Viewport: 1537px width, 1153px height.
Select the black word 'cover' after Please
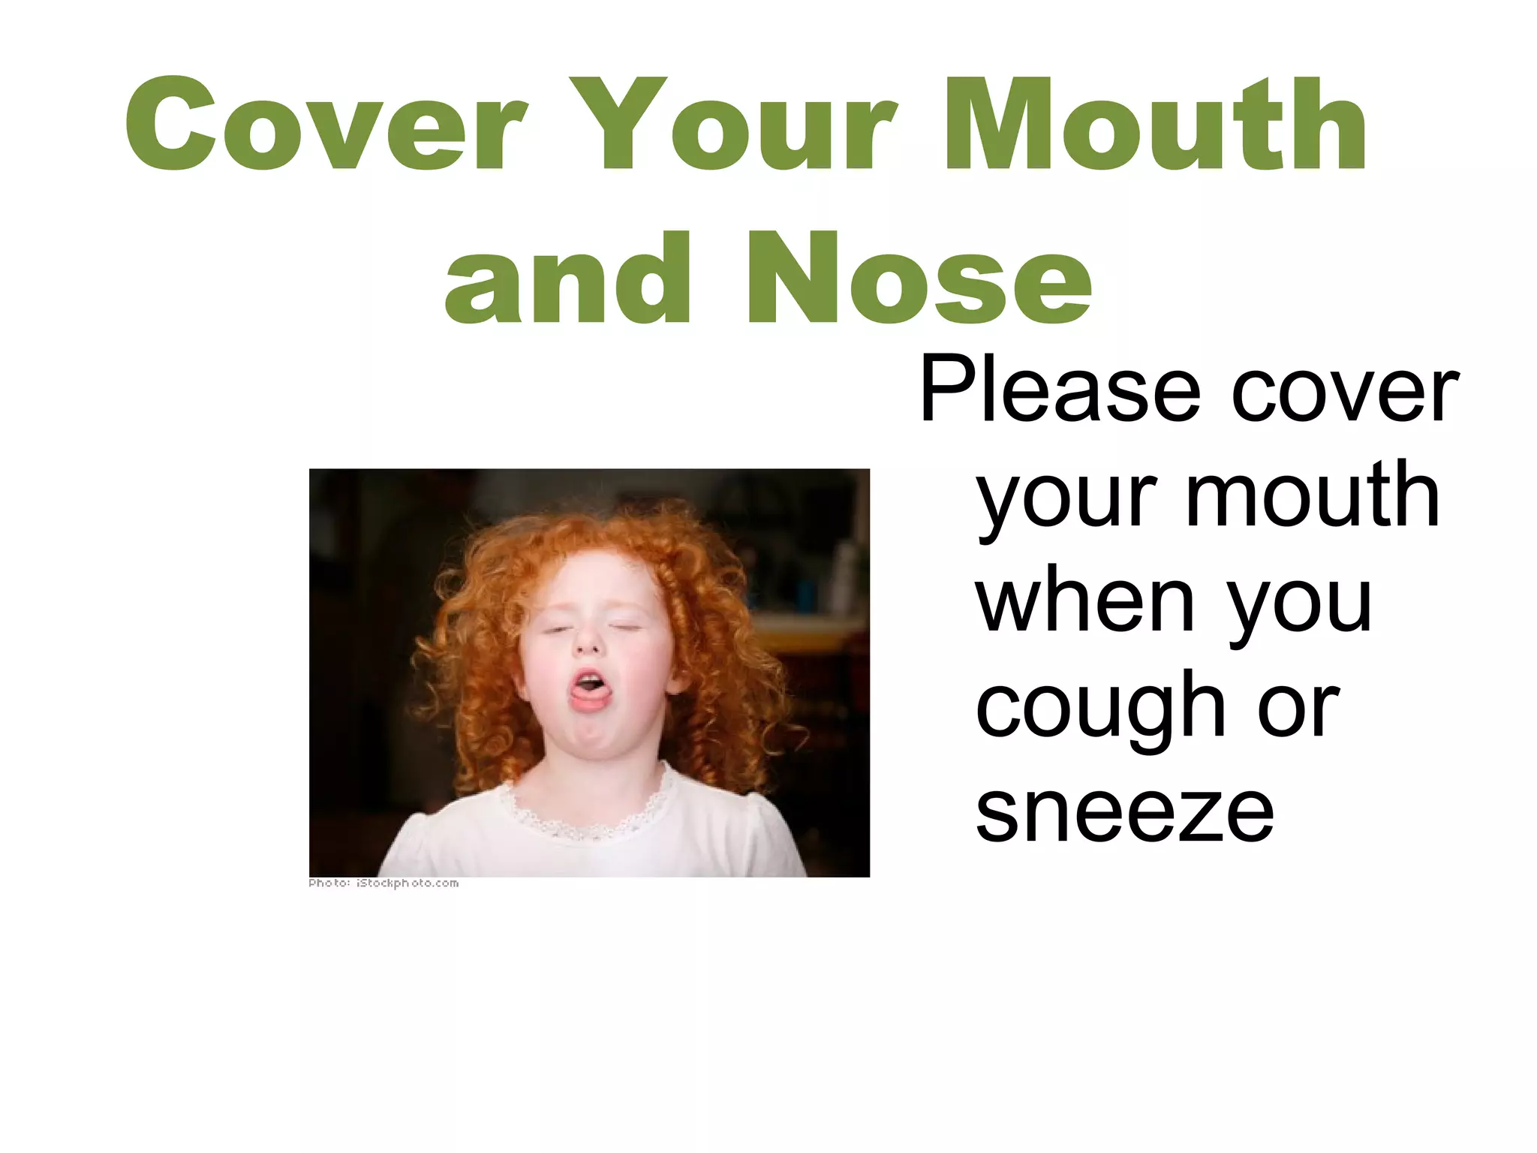coord(1344,392)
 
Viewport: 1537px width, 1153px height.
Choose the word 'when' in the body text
coord(1084,601)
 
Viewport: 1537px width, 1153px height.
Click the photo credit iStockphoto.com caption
coord(383,884)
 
